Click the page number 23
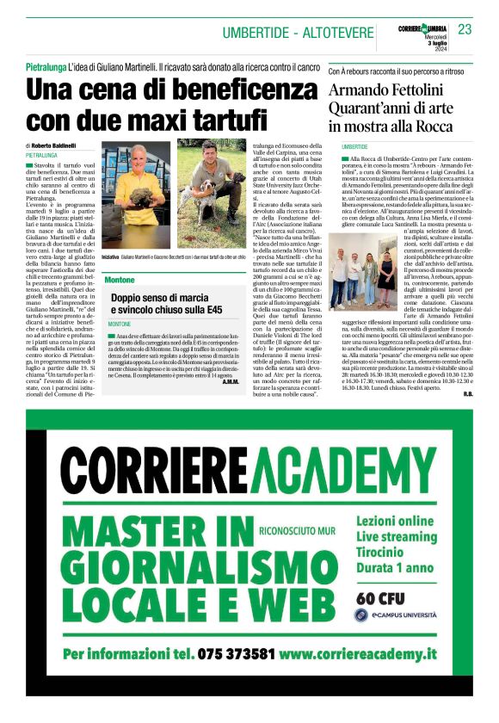(x=465, y=29)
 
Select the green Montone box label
(x=120, y=281)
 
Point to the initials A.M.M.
(x=230, y=381)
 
